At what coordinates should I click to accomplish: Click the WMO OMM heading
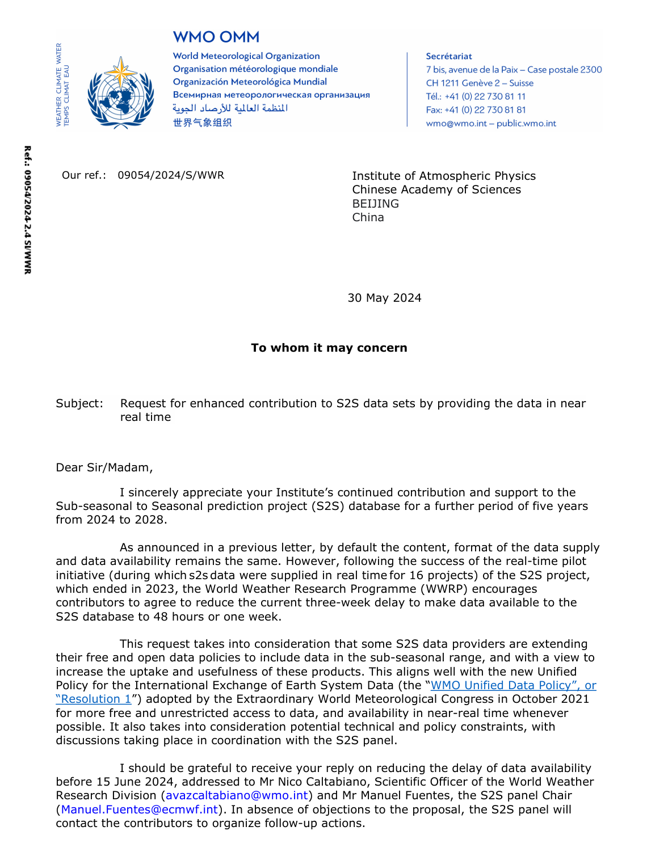(x=216, y=37)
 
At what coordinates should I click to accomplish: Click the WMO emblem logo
(x=120, y=92)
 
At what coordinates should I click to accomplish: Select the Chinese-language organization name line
(x=202, y=123)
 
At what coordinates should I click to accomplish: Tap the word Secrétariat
(x=448, y=56)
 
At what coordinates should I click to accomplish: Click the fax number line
(x=476, y=110)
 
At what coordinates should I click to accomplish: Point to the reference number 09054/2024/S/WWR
(x=171, y=175)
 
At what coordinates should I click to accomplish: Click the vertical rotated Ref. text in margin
(x=27, y=210)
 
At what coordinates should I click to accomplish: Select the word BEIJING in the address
(x=375, y=204)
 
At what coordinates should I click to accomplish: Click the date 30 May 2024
(x=384, y=298)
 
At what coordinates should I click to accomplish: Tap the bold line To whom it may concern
(x=329, y=348)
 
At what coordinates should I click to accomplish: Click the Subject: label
(x=79, y=403)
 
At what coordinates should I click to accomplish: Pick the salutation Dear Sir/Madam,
(x=104, y=467)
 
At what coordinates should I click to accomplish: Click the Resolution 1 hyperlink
(x=94, y=699)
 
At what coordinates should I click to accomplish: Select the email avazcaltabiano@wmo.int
(x=237, y=795)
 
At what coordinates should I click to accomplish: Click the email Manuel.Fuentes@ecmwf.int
(x=139, y=809)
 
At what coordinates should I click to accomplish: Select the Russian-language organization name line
(x=271, y=95)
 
